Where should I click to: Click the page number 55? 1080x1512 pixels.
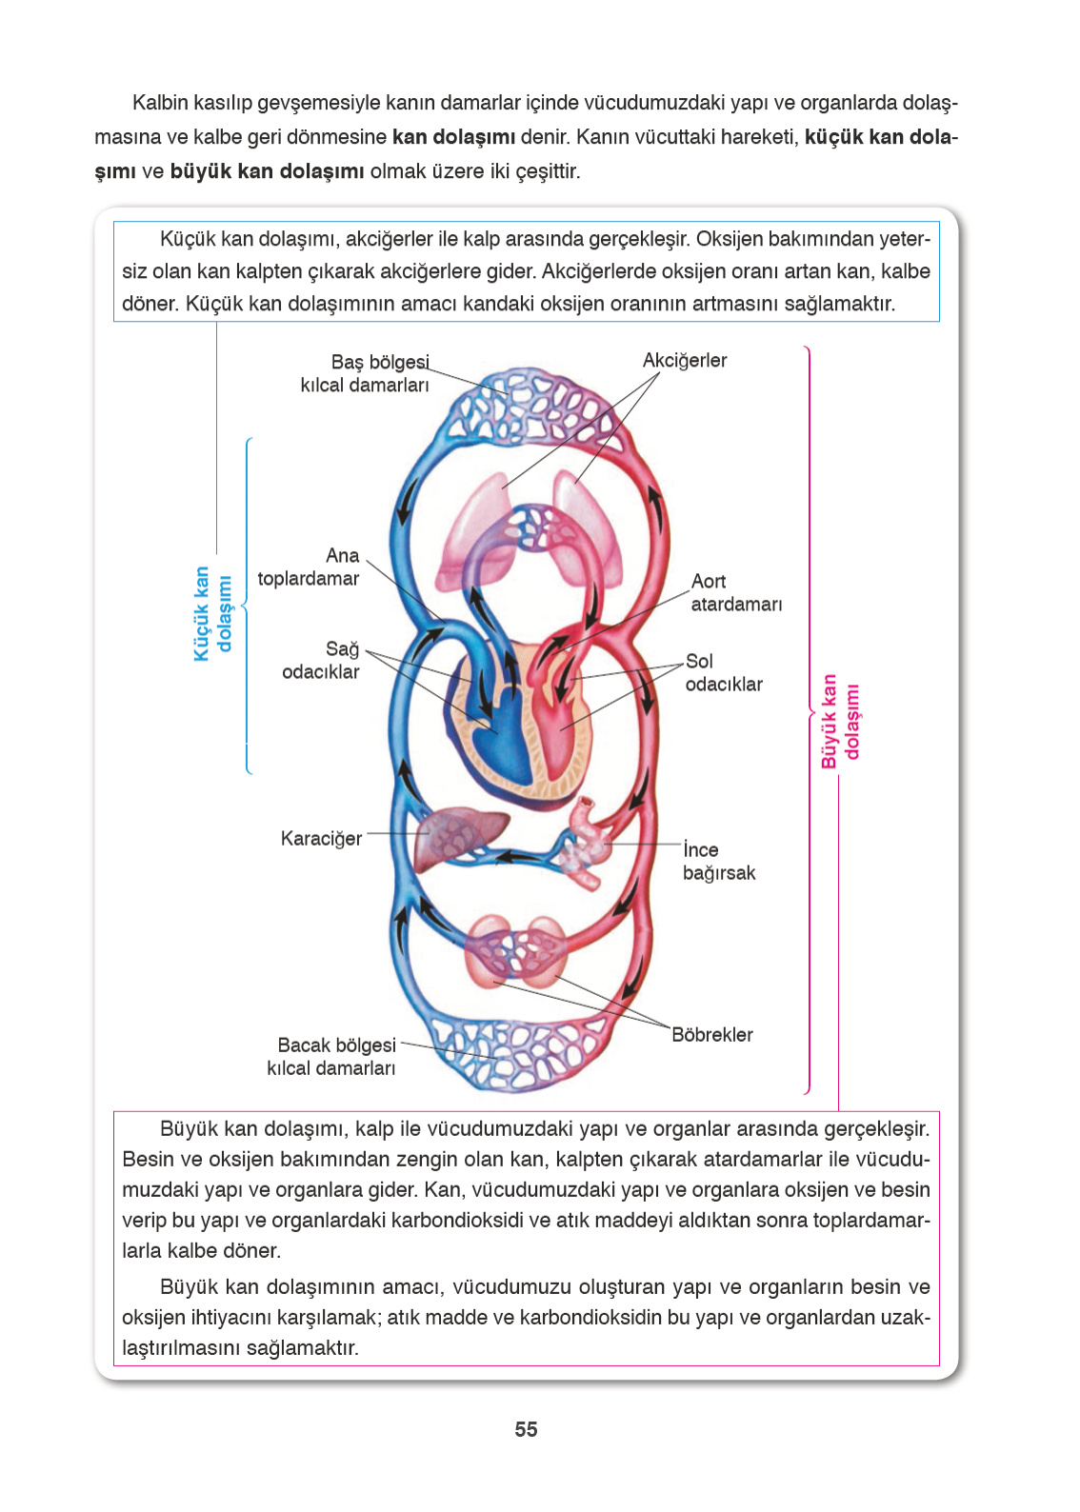point(526,1429)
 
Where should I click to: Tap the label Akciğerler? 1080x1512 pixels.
point(684,360)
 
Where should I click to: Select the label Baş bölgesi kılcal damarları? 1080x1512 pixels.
point(366,373)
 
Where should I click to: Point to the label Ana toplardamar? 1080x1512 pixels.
point(309,567)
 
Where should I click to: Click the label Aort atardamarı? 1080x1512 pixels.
point(736,592)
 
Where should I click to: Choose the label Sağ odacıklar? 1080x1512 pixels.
point(321,660)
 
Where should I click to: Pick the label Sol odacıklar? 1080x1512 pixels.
point(724,672)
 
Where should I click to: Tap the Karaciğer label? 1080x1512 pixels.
point(321,838)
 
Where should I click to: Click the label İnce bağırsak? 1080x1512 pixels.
point(718,861)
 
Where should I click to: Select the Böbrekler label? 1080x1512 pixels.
point(711,1034)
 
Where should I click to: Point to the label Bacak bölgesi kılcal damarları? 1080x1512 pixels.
point(331,1056)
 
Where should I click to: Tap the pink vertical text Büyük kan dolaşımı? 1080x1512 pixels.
point(840,721)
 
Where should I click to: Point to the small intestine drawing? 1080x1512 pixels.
point(585,842)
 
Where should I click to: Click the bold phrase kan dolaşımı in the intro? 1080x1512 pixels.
point(453,136)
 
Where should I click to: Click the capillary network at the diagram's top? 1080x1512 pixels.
point(529,406)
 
